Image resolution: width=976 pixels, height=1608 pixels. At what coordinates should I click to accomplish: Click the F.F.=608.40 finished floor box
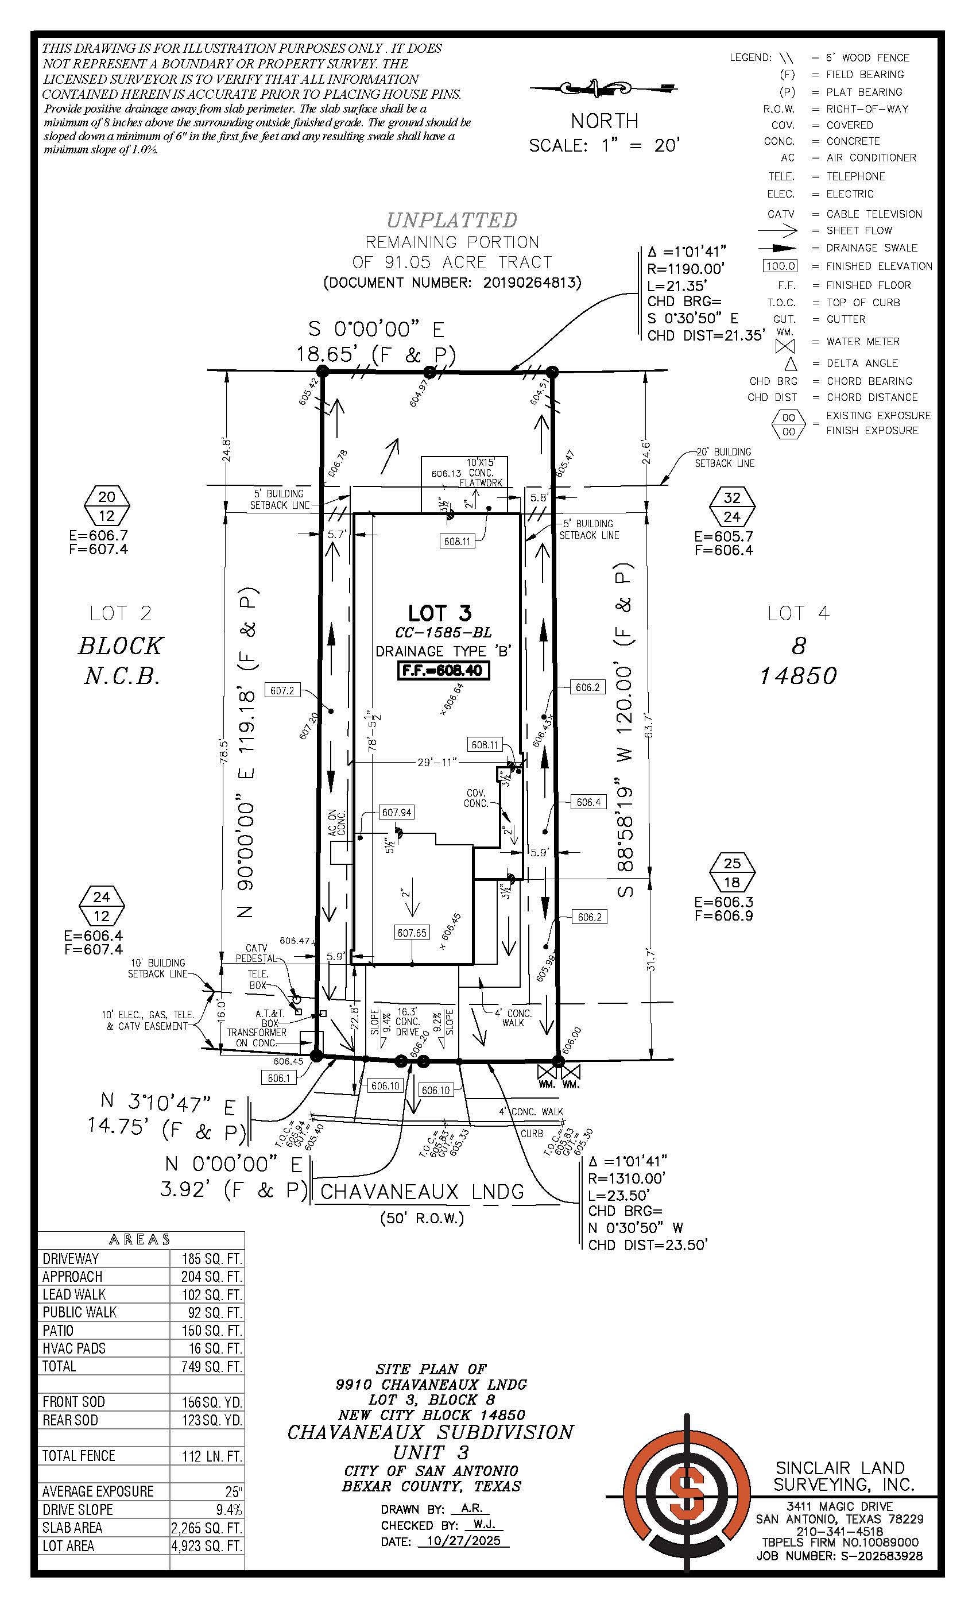[443, 670]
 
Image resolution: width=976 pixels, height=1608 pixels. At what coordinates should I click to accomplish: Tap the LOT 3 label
[440, 613]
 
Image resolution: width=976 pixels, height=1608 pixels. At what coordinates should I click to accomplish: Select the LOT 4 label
[798, 613]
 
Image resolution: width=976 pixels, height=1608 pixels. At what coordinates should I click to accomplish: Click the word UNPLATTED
[451, 220]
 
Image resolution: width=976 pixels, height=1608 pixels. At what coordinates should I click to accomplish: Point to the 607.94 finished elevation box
[397, 813]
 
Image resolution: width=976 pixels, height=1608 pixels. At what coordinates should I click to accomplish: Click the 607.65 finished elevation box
[412, 933]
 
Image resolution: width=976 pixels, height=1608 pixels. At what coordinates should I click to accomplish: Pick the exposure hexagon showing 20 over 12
[107, 506]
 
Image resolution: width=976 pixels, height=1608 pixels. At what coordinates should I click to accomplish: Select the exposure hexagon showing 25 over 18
[732, 872]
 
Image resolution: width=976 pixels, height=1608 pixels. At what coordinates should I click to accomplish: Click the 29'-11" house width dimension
[437, 762]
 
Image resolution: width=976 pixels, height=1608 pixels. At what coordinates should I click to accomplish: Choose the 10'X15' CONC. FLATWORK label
[480, 473]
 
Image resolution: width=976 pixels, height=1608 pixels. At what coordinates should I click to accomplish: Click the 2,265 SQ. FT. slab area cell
[206, 1528]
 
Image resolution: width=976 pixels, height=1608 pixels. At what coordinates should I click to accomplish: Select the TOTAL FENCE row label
[78, 1456]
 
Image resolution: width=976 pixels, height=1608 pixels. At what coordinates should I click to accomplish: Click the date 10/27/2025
[463, 1541]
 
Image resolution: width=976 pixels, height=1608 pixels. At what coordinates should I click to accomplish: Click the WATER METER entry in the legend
[862, 341]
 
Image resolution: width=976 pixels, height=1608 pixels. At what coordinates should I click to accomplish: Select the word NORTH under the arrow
[604, 121]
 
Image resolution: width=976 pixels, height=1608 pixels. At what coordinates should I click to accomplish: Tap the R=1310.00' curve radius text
[626, 1178]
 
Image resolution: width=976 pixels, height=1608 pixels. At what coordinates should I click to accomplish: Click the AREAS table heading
[140, 1239]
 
